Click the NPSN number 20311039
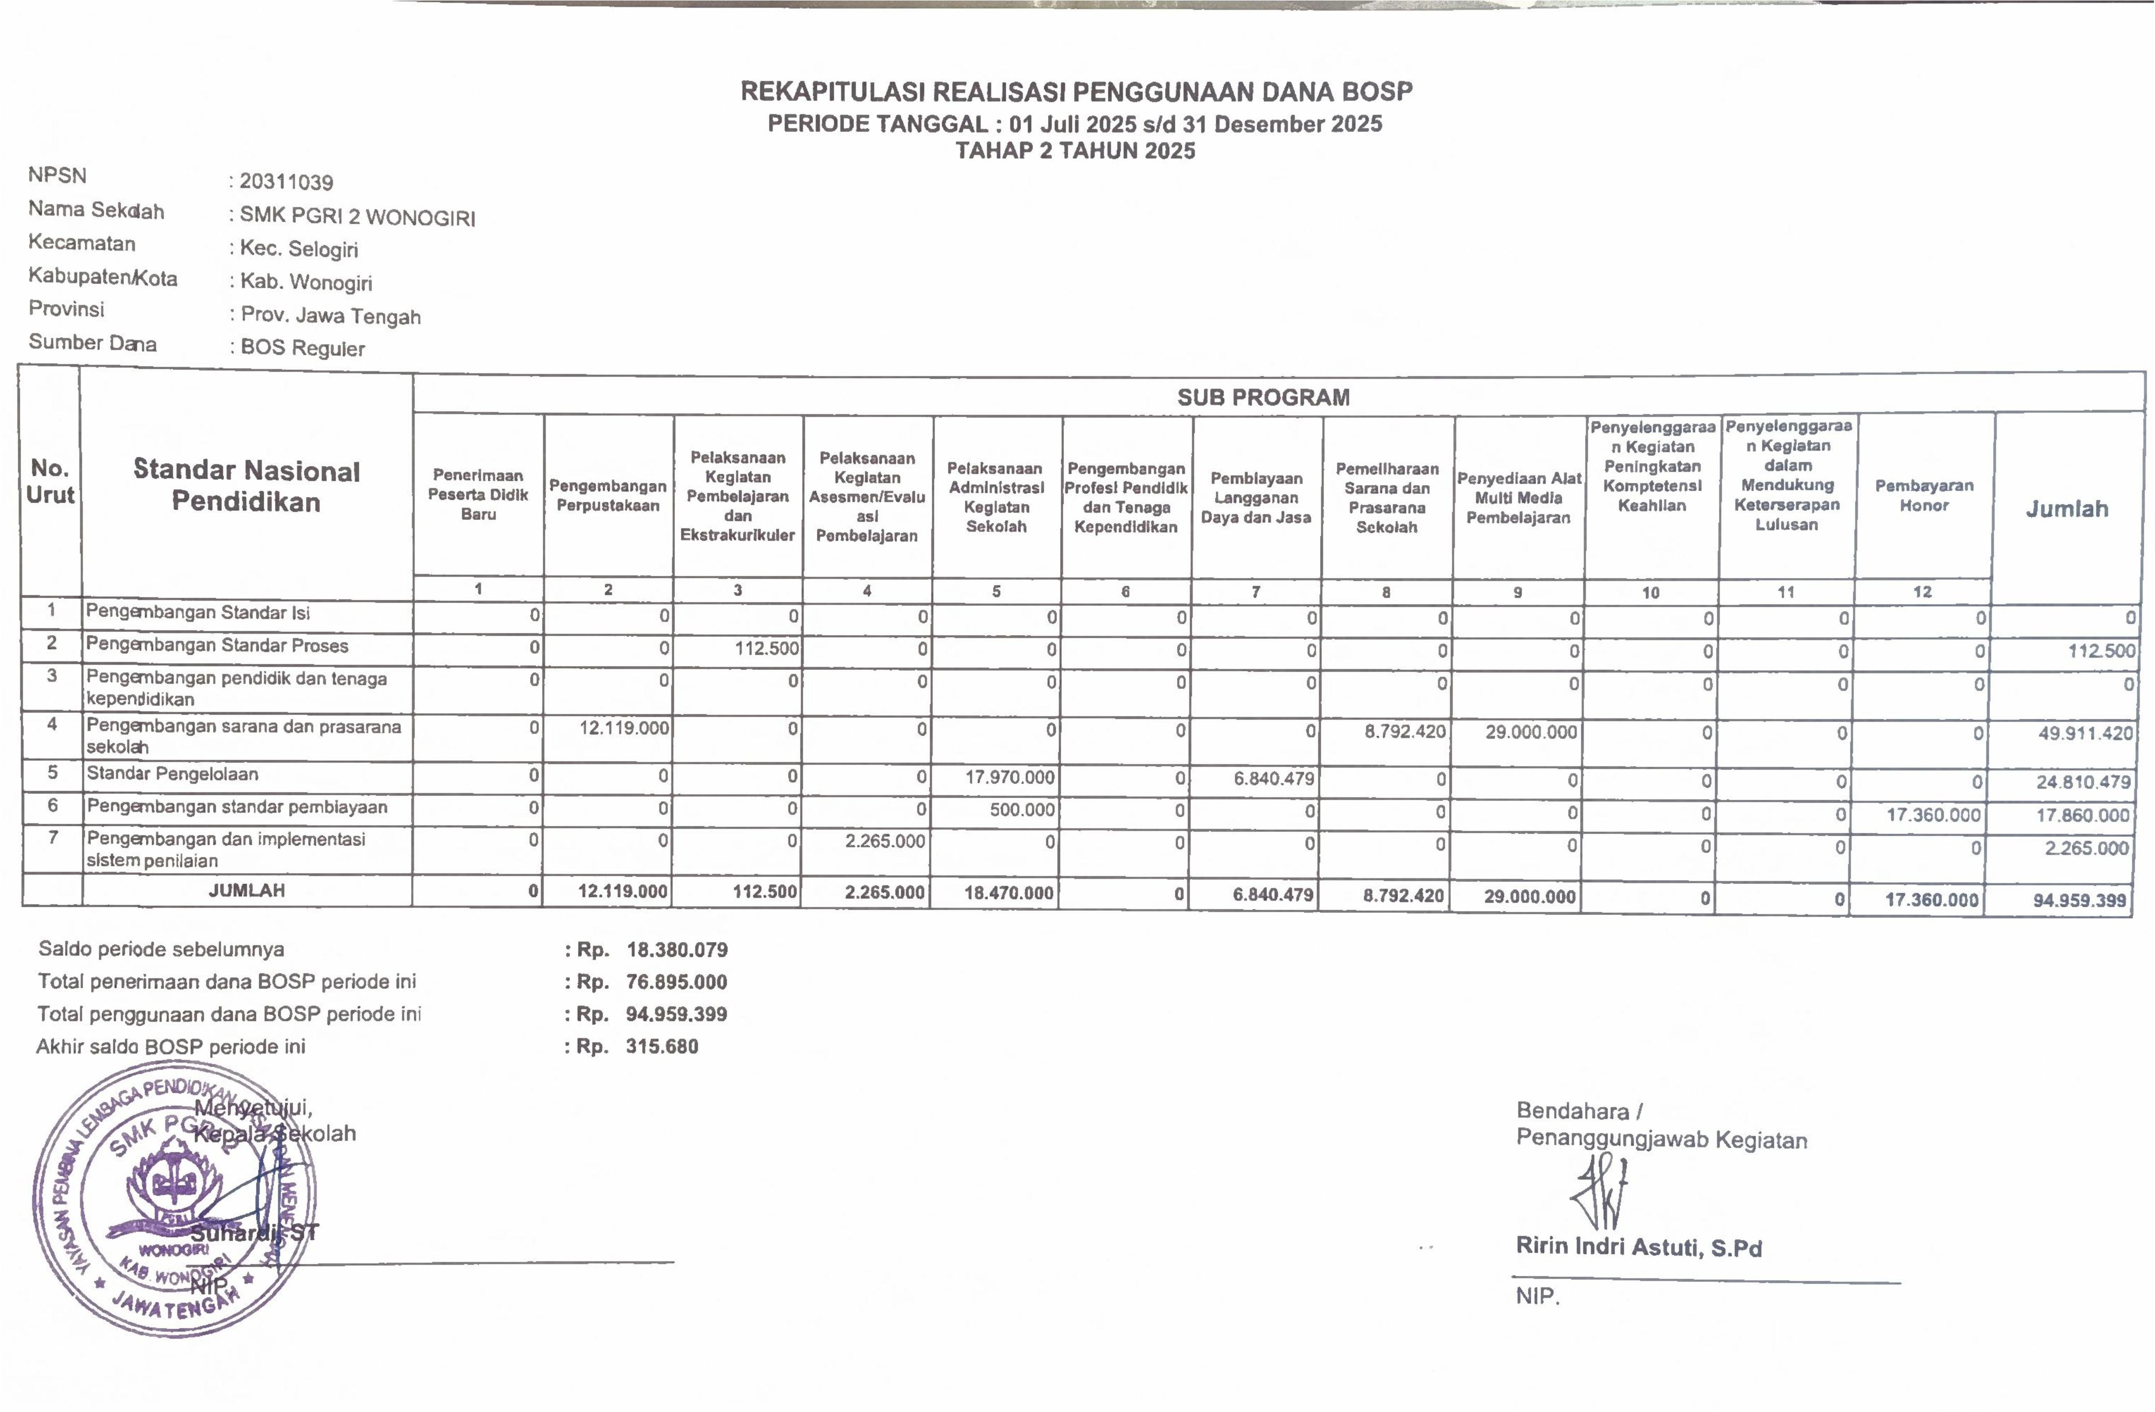pyautogui.click(x=286, y=182)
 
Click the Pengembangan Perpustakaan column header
pyautogui.click(x=608, y=495)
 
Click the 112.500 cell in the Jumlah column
pyautogui.click(x=2101, y=650)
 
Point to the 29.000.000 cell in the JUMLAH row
pyautogui.click(x=1530, y=897)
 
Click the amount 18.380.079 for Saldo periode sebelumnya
pyautogui.click(x=676, y=950)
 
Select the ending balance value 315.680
pyautogui.click(x=662, y=1047)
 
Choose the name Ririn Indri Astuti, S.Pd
pyautogui.click(x=1639, y=1247)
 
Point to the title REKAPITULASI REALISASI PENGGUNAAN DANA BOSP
pyautogui.click(x=1076, y=92)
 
